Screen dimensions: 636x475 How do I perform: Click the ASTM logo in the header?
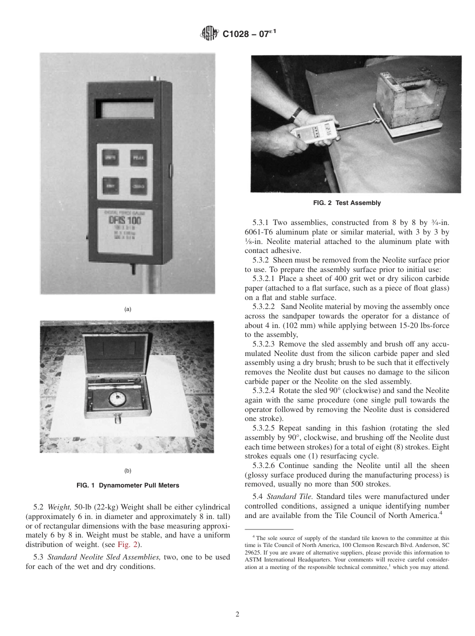(x=209, y=33)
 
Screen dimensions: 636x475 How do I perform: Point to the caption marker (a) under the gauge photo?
(x=127, y=309)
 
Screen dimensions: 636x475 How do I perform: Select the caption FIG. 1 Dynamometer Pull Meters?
(x=127, y=485)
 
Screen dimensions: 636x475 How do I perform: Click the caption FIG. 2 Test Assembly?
(x=346, y=203)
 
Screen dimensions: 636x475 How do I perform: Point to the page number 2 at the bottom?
(x=237, y=614)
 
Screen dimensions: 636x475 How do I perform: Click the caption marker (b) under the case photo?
(x=127, y=470)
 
